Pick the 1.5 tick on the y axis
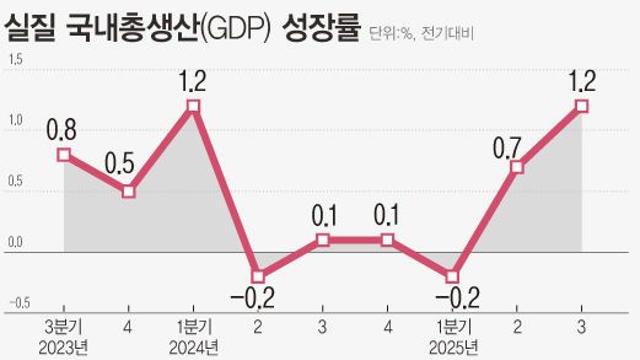[x=14, y=60]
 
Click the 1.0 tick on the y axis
[x=14, y=121]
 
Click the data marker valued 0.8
[x=64, y=155]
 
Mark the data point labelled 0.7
[x=517, y=167]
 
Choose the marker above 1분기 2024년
[x=194, y=106]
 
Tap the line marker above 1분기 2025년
[x=452, y=276]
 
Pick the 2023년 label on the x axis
[x=63, y=347]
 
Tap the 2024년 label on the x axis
[x=194, y=347]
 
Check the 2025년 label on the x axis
[x=452, y=347]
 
